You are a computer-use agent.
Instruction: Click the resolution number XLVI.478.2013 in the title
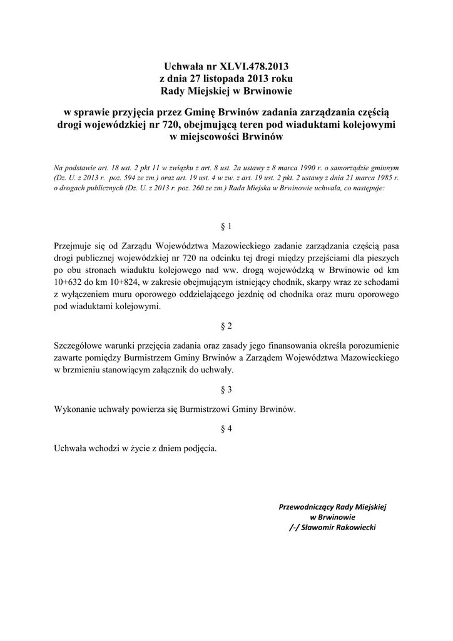click(254, 66)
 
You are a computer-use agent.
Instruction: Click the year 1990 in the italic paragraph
click(312, 168)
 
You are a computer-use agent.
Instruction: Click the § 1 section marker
click(227, 225)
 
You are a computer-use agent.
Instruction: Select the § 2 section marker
click(227, 326)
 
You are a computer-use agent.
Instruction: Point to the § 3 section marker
click(227, 389)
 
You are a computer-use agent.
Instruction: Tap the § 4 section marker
click(227, 429)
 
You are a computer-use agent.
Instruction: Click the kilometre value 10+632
click(68, 283)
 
